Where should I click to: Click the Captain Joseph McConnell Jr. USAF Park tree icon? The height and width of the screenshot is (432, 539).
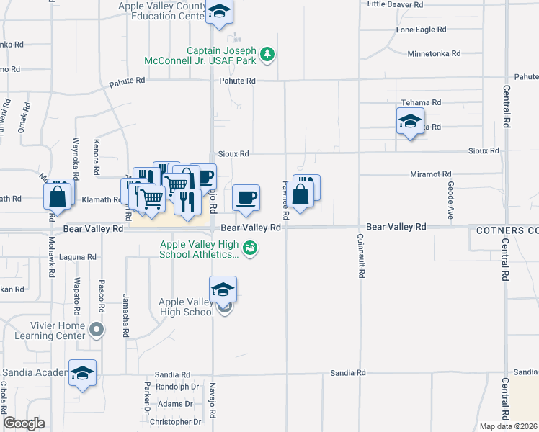tap(267, 54)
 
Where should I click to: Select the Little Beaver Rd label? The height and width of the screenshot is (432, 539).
tap(395, 4)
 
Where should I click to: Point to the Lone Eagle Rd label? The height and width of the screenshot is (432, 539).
tap(422, 30)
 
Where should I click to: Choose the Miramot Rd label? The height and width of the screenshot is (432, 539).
tap(430, 174)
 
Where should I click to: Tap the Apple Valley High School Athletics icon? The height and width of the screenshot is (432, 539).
tap(251, 248)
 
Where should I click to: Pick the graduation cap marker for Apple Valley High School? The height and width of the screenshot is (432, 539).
tap(223, 289)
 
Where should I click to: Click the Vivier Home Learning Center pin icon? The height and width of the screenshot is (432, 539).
tap(98, 330)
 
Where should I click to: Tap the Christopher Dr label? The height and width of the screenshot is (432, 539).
tap(174, 422)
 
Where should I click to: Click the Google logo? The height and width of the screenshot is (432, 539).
tap(24, 423)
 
